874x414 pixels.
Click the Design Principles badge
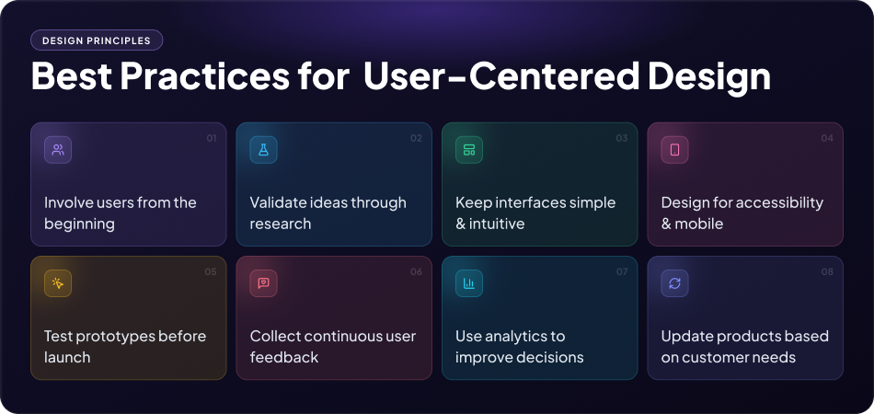[x=97, y=40]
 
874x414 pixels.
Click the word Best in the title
[x=72, y=76]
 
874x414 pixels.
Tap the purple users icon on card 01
[x=58, y=150]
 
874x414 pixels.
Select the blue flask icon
[x=264, y=150]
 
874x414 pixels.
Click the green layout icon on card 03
[x=469, y=150]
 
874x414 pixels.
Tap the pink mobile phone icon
[x=675, y=150]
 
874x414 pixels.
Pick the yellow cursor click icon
[x=58, y=283]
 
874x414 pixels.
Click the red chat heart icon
[x=264, y=283]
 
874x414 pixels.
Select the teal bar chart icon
[x=469, y=283]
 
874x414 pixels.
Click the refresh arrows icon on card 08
[x=675, y=283]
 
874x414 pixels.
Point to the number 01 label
[x=212, y=138]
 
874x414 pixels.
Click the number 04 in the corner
[x=827, y=138]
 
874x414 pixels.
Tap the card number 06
[x=417, y=272]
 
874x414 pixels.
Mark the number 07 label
[x=622, y=272]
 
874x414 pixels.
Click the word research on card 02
[x=281, y=224]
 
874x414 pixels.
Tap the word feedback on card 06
[x=284, y=357]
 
